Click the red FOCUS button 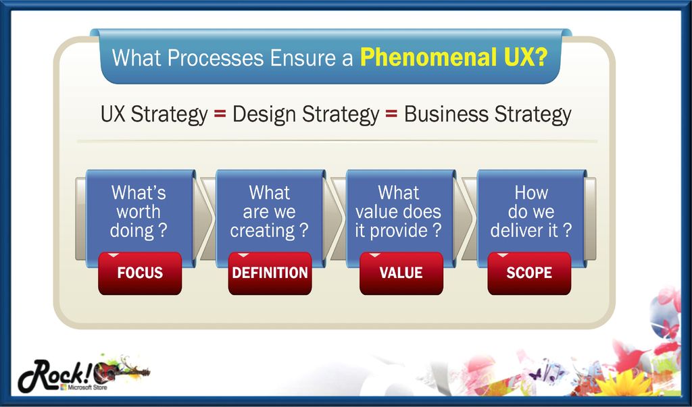point(140,273)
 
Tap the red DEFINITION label point(270,273)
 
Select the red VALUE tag point(401,273)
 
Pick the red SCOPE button point(529,273)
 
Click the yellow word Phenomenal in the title point(426,57)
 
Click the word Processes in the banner point(216,58)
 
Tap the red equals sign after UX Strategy point(220,115)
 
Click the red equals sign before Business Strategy point(391,115)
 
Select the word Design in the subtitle point(264,115)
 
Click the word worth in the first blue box point(138,212)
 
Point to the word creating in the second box point(262,231)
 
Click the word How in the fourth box point(531,192)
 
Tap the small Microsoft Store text point(83,387)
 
